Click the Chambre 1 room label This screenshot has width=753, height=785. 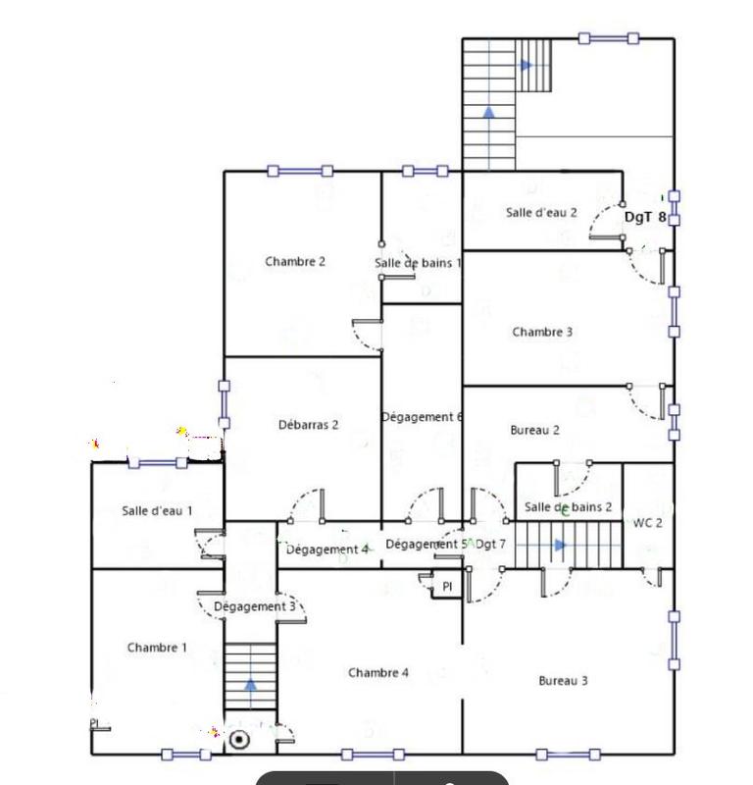coord(157,648)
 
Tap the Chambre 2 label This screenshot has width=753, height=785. coord(295,262)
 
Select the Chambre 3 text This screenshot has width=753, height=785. coord(542,333)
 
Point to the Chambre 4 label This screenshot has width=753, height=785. coord(378,673)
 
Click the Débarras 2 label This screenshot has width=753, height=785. coord(309,425)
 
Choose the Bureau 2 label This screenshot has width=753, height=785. coord(535,431)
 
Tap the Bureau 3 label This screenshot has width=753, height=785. coord(564,681)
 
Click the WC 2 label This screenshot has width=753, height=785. coord(648,523)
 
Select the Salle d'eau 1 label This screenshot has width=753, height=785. coord(157,511)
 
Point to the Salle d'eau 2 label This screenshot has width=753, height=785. coord(541,212)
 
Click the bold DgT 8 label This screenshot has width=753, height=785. coord(646,218)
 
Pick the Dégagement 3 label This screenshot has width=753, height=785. coord(255,607)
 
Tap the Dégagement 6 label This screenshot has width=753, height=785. coord(422,417)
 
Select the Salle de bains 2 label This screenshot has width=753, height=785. coord(569,507)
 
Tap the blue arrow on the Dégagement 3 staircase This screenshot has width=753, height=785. coord(251,684)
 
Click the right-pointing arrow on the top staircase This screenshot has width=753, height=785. coord(527,66)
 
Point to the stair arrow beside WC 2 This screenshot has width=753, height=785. coord(560,545)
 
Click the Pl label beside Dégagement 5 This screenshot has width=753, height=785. coord(447,586)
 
